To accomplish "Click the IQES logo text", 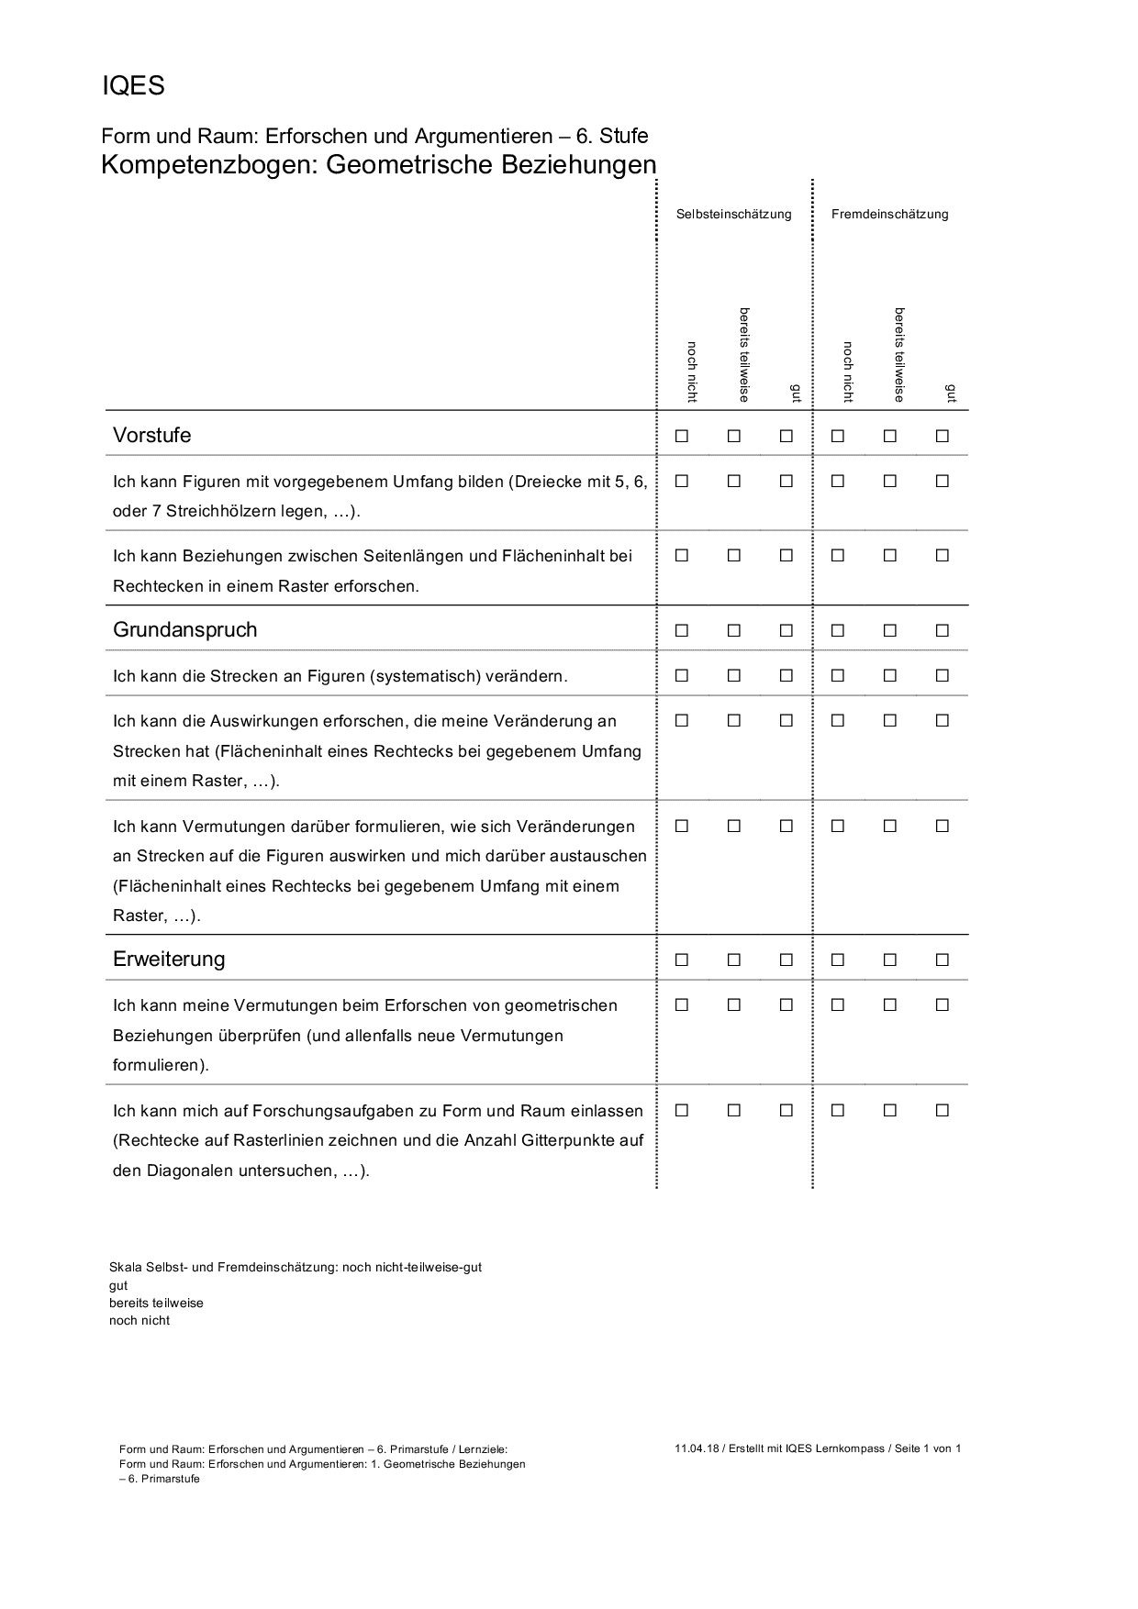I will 133,86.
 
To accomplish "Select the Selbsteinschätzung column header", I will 733,215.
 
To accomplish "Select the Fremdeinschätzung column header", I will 889,215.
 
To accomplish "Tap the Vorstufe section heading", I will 152,436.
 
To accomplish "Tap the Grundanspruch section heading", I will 184,630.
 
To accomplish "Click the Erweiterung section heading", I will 169,960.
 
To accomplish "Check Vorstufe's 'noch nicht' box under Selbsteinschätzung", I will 682,437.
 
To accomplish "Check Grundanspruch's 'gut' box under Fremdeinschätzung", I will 942,631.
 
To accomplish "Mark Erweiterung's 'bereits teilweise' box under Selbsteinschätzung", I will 734,960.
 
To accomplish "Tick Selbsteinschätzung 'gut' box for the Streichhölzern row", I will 787,482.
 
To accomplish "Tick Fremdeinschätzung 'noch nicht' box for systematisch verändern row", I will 838,676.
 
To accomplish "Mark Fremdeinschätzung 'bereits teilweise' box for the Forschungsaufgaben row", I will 890,1111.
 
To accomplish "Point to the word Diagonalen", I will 190,1171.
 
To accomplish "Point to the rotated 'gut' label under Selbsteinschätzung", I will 796,394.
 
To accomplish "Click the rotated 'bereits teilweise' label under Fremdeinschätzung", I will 899,354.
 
